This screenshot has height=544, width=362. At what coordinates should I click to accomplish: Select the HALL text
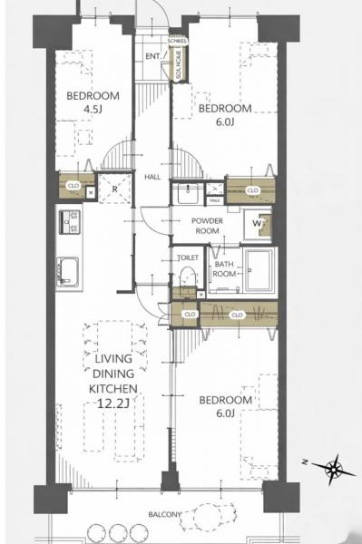click(x=152, y=177)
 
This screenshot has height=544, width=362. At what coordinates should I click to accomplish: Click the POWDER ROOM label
click(x=207, y=226)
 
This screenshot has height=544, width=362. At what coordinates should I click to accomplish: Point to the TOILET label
click(x=188, y=257)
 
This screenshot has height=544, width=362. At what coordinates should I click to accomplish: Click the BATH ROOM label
click(x=224, y=269)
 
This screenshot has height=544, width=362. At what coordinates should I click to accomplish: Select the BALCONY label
click(x=164, y=514)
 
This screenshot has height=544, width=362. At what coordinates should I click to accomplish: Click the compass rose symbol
click(x=335, y=468)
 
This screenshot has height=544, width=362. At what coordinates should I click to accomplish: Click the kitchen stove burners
click(x=69, y=223)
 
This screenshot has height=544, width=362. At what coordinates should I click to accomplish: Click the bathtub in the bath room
click(x=259, y=270)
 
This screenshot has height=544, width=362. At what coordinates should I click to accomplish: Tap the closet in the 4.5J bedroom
click(x=73, y=188)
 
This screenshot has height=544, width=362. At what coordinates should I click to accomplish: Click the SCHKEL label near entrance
click(x=178, y=41)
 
